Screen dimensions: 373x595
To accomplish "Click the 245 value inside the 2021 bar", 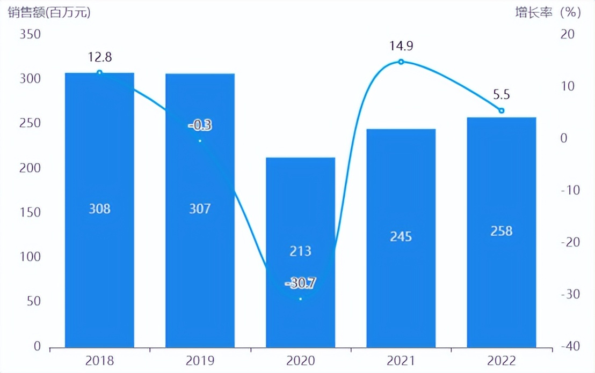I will [x=401, y=236].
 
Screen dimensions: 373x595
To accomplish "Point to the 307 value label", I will [x=200, y=208].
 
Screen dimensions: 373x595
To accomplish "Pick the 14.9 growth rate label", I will [x=401, y=46].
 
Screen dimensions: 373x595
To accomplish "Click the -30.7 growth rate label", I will [x=301, y=282].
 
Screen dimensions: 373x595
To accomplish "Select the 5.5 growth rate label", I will [x=502, y=95].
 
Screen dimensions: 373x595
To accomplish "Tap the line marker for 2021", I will [x=401, y=62].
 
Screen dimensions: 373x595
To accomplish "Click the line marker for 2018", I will [x=99, y=72].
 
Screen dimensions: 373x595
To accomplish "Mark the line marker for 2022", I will [x=502, y=110].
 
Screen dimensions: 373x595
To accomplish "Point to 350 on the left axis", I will [x=31, y=34].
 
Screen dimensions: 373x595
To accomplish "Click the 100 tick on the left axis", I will [x=31, y=257].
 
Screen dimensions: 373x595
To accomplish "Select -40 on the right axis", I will [x=567, y=346].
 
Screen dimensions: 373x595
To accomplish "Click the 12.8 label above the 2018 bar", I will [x=99, y=57].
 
